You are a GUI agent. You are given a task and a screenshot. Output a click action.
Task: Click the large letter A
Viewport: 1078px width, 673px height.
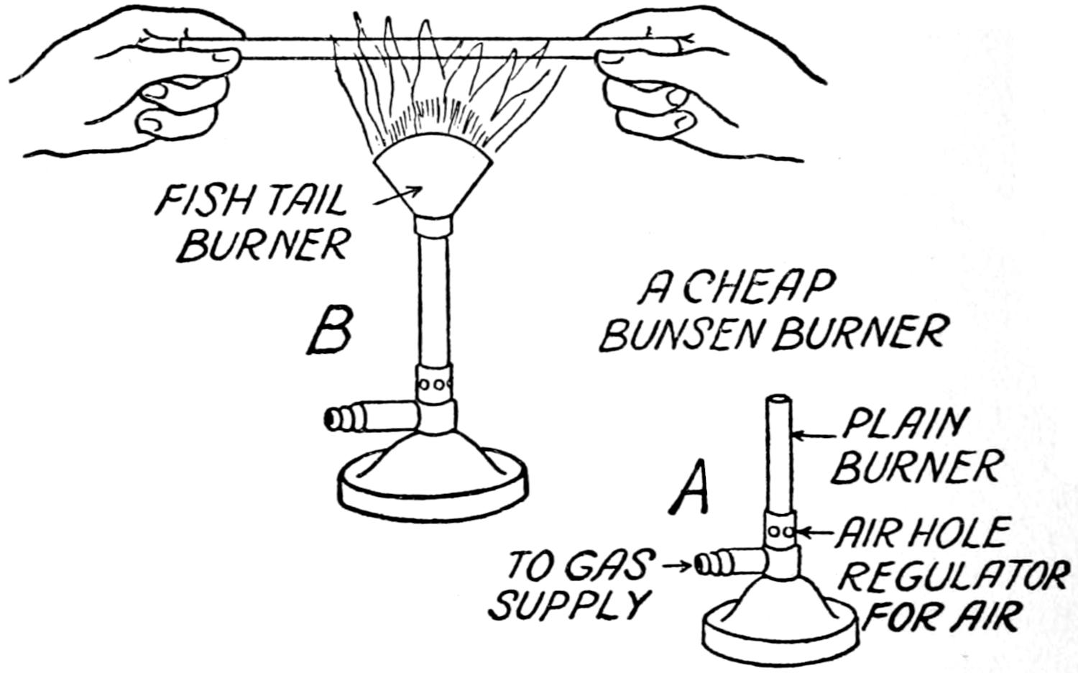[691, 488]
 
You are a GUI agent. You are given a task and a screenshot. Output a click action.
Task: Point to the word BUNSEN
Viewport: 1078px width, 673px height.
[682, 334]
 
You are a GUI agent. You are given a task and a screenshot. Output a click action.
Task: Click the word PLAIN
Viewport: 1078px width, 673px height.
[903, 425]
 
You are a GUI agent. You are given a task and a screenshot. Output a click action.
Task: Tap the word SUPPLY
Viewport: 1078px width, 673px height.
[567, 605]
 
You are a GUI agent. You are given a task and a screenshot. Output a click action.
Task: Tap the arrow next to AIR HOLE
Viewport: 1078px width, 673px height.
[816, 533]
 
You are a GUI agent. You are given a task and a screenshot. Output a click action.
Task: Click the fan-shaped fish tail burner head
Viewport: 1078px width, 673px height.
[434, 183]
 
